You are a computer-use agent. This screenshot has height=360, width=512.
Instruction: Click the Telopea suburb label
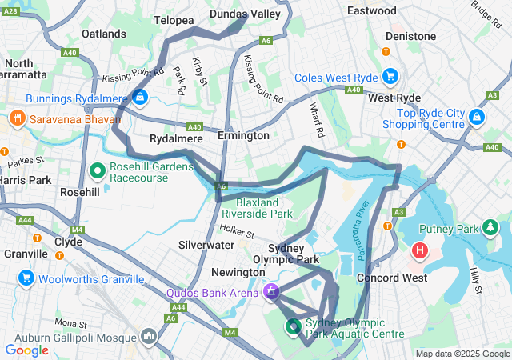point(174,19)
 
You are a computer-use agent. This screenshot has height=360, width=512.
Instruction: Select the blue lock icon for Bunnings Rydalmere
point(140,98)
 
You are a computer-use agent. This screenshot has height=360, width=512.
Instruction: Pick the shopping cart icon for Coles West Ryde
point(390,78)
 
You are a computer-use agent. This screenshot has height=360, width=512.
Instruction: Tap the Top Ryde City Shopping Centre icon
point(476,118)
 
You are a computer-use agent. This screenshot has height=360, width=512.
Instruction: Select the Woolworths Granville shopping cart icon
point(26,278)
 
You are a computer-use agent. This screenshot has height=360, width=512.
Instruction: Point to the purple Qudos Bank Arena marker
point(270,293)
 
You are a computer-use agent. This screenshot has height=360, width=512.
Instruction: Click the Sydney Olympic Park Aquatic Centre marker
point(293,326)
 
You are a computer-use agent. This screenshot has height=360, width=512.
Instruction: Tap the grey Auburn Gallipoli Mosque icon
point(148,335)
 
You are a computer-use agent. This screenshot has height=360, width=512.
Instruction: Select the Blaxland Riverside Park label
point(258,208)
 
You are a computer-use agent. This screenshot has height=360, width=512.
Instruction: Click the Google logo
point(26,350)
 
